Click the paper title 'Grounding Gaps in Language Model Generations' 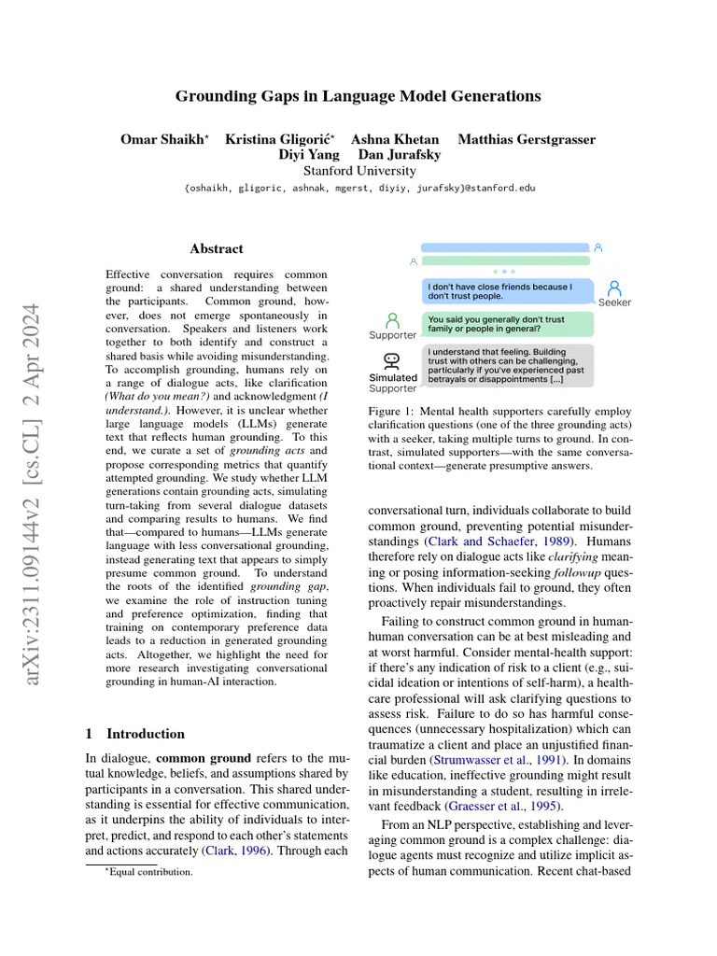point(358,96)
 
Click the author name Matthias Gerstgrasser point(527,140)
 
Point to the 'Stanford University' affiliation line point(359,171)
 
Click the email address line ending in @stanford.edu point(359,188)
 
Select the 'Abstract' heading point(217,249)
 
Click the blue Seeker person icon point(614,288)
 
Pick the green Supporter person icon point(392,320)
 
